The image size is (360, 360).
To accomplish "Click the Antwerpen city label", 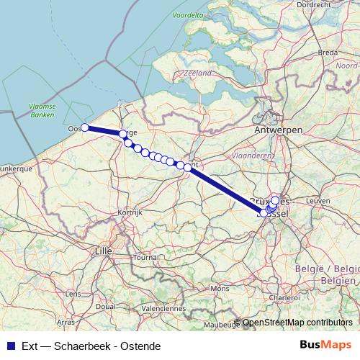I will pyautogui.click(x=278, y=130).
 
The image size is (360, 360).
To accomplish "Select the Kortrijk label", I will pyautogui.click(x=132, y=213).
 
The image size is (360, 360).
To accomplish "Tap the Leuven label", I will pyautogui.click(x=317, y=200).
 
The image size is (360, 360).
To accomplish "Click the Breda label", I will pyautogui.click(x=328, y=52).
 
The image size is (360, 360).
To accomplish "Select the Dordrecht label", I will pyautogui.click(x=315, y=4).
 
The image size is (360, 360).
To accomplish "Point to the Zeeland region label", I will pyautogui.click(x=197, y=73).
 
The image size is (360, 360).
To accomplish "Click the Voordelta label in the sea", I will pyautogui.click(x=188, y=14).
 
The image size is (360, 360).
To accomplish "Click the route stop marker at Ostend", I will pyautogui.click(x=84, y=127).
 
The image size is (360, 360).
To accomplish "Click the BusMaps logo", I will pyautogui.click(x=327, y=345).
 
